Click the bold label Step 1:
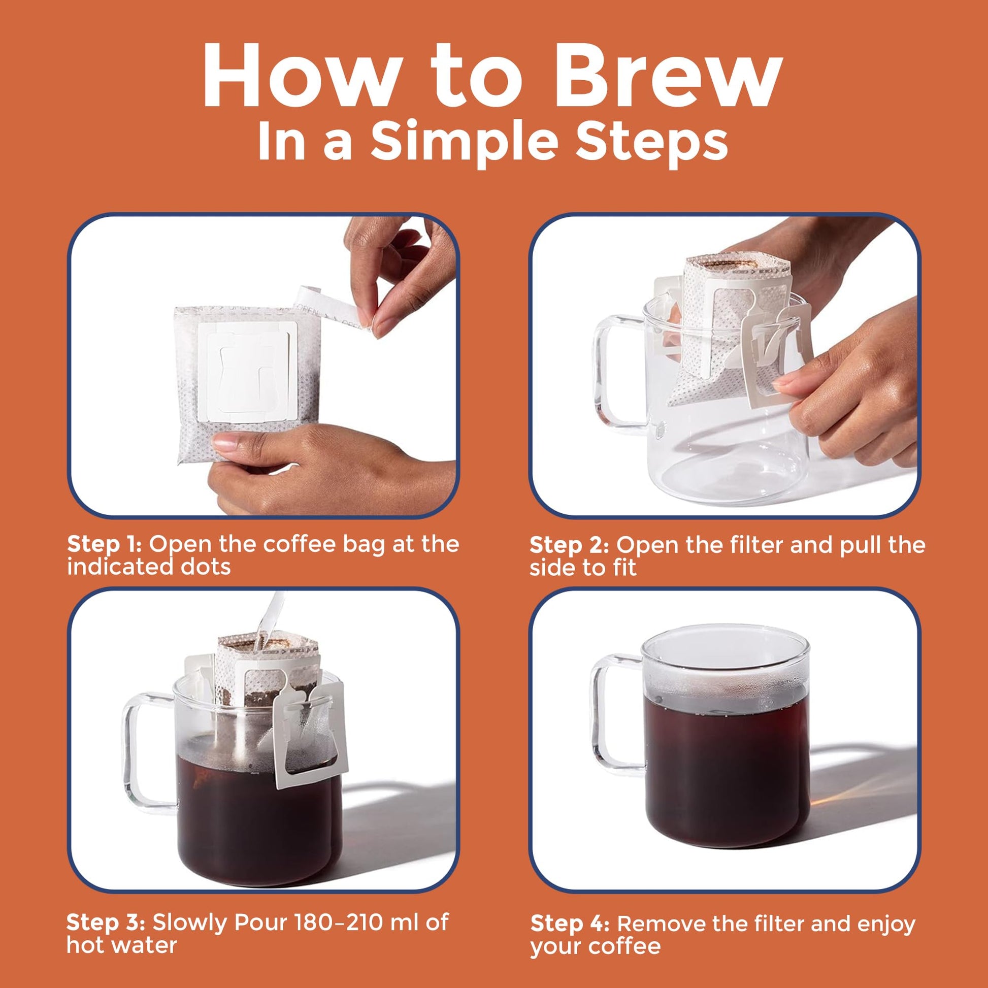pos(104,545)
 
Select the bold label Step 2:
pos(569,545)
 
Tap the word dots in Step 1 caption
pos(209,567)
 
